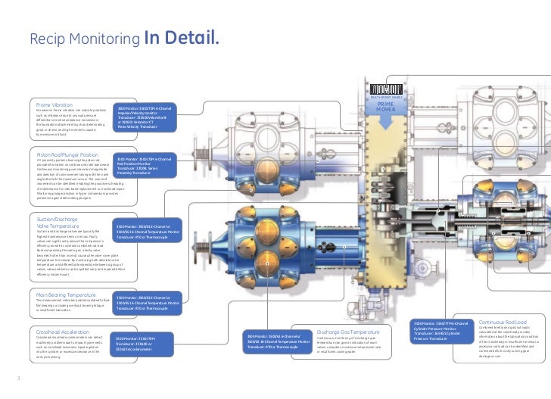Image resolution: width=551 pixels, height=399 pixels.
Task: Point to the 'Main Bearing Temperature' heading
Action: tap(67, 294)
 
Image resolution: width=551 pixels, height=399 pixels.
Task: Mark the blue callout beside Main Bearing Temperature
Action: tap(147, 303)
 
